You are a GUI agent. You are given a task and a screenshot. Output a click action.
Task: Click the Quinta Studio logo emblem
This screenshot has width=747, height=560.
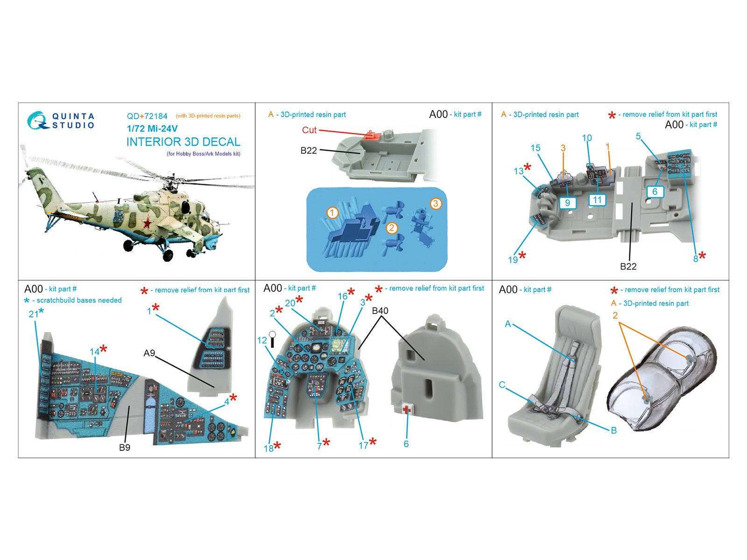(x=37, y=120)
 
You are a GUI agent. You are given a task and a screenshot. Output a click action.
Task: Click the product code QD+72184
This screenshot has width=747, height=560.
(x=147, y=116)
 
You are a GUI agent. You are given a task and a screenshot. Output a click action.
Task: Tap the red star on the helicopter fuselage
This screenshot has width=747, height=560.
(x=148, y=224)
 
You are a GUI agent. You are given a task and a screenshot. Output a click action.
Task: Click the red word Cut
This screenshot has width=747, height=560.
(x=309, y=130)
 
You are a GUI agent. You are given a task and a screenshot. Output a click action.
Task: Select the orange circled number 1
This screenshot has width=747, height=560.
(x=332, y=213)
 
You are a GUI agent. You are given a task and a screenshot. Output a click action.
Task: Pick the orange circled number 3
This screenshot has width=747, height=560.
(x=436, y=203)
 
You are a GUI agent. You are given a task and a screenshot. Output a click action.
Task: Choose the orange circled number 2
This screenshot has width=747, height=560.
(x=391, y=228)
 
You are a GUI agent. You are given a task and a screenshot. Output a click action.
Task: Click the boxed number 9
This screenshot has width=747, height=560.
(x=568, y=203)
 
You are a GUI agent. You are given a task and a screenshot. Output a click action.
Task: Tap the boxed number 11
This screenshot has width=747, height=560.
(x=597, y=200)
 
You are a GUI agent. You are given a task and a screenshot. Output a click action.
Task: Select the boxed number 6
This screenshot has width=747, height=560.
(x=655, y=192)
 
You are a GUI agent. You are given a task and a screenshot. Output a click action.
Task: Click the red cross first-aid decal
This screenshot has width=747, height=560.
(x=407, y=409)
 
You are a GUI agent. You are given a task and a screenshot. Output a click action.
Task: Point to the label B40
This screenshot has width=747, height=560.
(x=380, y=311)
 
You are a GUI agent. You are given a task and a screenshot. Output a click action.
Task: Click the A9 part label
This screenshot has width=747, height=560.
(x=149, y=353)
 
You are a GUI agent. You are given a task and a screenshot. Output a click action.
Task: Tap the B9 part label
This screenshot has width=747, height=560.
(x=125, y=448)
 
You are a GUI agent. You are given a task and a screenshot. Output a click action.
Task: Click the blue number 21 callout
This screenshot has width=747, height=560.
(x=33, y=314)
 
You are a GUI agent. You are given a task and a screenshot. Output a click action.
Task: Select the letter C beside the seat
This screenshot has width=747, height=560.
(x=502, y=385)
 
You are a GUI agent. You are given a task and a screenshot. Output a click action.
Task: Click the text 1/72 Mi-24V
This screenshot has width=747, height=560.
(x=152, y=128)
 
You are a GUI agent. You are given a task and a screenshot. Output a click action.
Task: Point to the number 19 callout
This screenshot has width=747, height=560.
(x=513, y=260)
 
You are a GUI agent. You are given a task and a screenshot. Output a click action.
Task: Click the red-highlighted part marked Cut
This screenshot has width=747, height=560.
(x=371, y=135)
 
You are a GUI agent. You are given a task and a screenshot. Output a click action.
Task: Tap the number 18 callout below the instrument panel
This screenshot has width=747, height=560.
(x=268, y=448)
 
